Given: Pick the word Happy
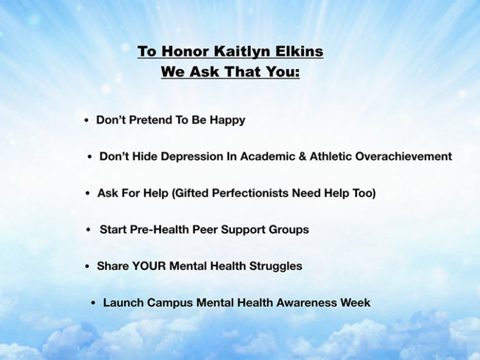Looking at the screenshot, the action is (x=227, y=120).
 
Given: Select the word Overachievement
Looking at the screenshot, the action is (x=403, y=156).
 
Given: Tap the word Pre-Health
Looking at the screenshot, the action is (x=159, y=230).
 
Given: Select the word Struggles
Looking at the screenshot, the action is (x=275, y=267).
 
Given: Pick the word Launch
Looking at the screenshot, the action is (x=124, y=302).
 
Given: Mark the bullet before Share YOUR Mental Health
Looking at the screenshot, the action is (x=87, y=267).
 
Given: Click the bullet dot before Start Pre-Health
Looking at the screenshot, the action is (x=88, y=230).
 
